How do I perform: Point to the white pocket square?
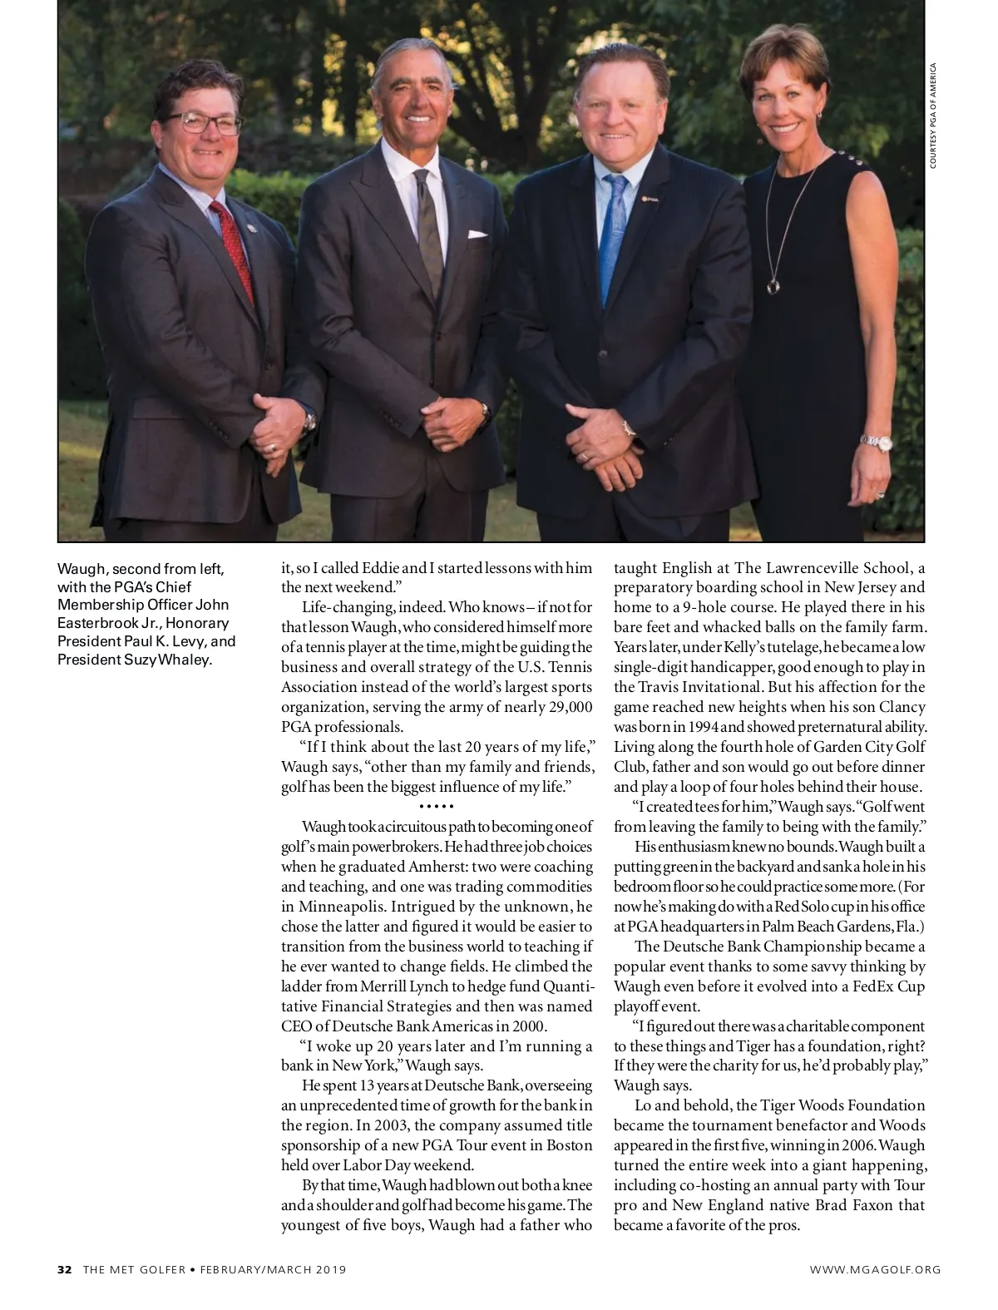click(477, 235)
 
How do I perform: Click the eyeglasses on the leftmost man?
click(202, 124)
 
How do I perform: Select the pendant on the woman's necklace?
click(773, 286)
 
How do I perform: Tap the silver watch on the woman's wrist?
click(876, 442)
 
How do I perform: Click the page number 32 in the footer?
click(65, 1269)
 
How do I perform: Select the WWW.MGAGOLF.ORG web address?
click(876, 1269)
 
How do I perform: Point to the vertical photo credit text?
click(933, 116)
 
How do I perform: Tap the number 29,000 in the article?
click(565, 707)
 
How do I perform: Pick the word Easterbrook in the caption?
click(95, 623)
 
